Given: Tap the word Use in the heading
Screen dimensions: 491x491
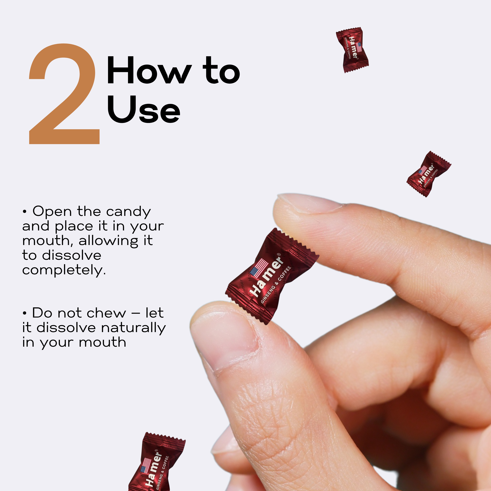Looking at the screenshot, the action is (144, 109).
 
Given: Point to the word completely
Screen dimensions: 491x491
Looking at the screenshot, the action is (64, 270).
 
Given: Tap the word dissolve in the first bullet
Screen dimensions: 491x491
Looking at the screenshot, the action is (72, 255).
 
